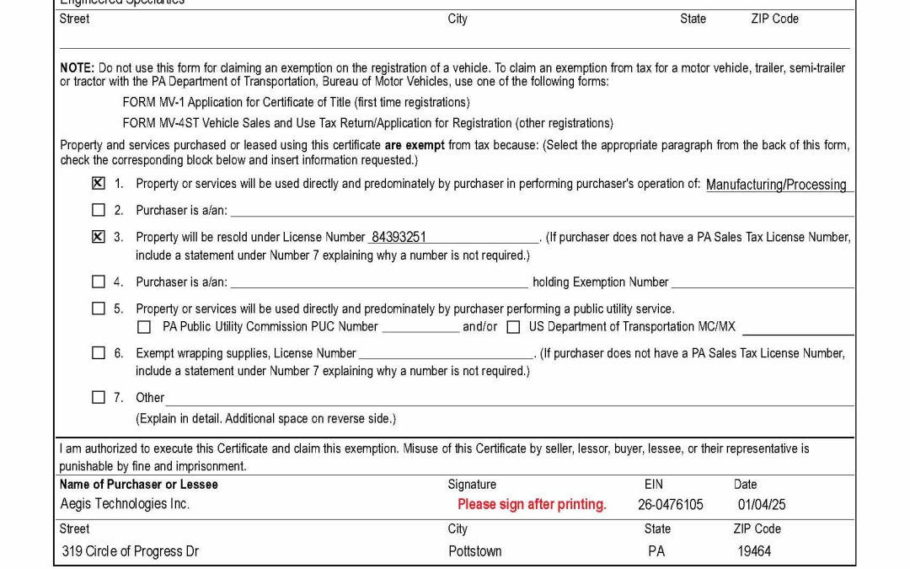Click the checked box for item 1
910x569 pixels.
click(x=99, y=183)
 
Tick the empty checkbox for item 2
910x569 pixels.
click(x=99, y=210)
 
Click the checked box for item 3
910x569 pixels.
click(x=99, y=237)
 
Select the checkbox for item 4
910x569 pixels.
click(x=99, y=282)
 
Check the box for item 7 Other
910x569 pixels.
click(x=99, y=397)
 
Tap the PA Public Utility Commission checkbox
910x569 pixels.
click(x=144, y=326)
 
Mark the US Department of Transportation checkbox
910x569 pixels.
click(x=513, y=326)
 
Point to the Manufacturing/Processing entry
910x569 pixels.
click(x=776, y=185)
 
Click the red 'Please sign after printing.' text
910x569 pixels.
click(x=532, y=504)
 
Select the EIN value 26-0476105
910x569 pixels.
click(x=671, y=504)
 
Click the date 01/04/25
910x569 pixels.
click(x=762, y=504)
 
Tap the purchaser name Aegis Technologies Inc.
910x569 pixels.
click(x=125, y=503)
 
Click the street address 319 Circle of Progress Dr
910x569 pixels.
click(x=131, y=551)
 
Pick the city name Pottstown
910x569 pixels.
click(x=474, y=551)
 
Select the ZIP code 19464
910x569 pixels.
click(x=754, y=551)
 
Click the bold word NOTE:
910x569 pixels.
click(x=78, y=67)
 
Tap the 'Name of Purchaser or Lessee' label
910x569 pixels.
click(x=138, y=484)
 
